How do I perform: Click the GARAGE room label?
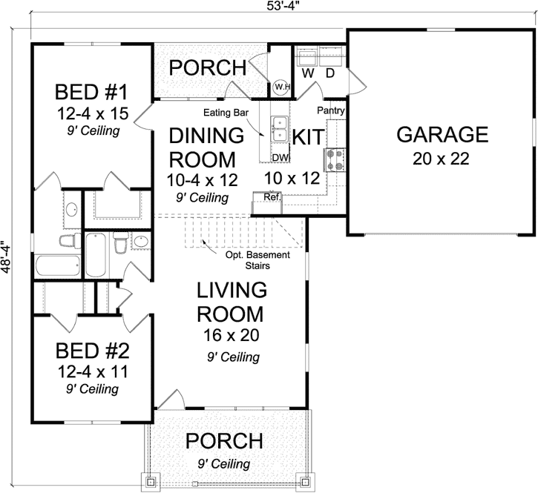(x=442, y=135)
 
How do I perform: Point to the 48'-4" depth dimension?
(x=7, y=257)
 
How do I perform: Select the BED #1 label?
(x=93, y=93)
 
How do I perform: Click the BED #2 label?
(x=93, y=349)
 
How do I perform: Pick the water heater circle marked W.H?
(x=281, y=87)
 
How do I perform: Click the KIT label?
(x=306, y=137)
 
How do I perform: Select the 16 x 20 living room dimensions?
(x=232, y=335)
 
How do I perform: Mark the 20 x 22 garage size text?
(x=442, y=160)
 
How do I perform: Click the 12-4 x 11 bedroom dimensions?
(x=93, y=371)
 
